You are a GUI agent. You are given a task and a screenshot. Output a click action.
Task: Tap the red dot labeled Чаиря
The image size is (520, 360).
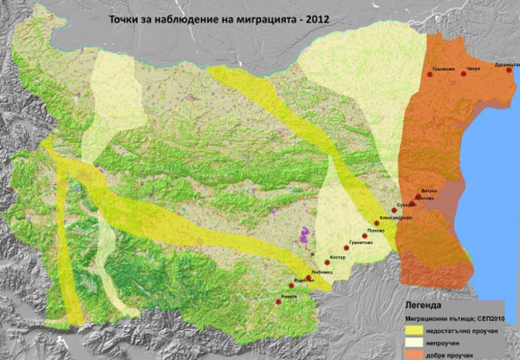click(464, 75)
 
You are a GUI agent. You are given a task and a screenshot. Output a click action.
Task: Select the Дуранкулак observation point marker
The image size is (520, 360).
click(510, 70)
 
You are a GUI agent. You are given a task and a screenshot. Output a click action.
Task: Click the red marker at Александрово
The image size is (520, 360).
click(376, 223)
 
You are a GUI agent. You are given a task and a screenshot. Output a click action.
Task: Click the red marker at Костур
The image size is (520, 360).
click(327, 262)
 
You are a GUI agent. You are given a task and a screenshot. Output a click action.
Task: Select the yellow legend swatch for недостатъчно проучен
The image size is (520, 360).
click(419, 331)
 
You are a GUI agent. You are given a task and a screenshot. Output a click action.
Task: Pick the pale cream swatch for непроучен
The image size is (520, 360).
click(419, 343)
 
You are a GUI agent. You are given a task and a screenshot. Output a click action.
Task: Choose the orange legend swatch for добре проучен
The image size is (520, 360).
click(419, 355)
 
